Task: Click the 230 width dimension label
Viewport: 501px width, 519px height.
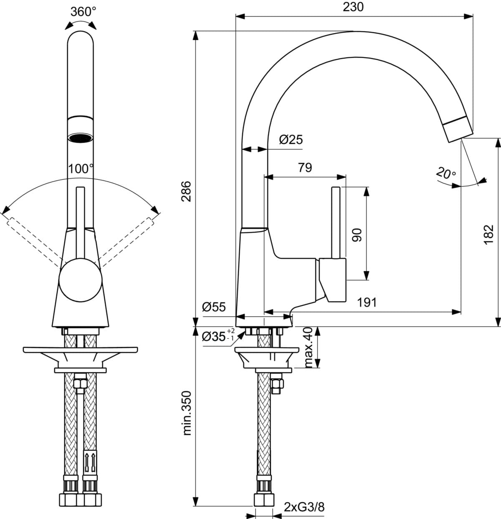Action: coord(353,7)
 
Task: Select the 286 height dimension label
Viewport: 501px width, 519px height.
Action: coord(186,192)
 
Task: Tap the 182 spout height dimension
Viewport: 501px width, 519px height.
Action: coord(489,235)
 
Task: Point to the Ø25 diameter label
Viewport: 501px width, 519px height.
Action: coord(291,140)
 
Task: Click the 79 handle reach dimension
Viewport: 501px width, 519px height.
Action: coord(305,167)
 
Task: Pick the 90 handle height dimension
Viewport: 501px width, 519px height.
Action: coord(357,235)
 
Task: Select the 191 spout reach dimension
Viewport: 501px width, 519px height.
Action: coord(367,302)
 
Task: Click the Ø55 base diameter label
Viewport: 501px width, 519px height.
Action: coord(214,307)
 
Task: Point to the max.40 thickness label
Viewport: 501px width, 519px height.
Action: coord(308,348)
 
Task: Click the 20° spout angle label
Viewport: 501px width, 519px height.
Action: coord(446,173)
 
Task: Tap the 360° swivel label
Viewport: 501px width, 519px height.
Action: coord(83,11)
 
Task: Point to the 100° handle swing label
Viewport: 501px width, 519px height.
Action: coord(81,169)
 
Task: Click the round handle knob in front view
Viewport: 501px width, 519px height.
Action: coord(81,280)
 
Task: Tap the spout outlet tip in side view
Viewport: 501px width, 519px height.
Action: coord(460,133)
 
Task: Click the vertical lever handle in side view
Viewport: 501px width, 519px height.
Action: coord(335,223)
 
